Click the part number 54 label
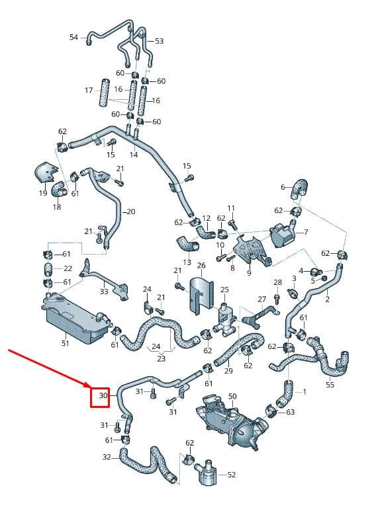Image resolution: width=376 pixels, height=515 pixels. click(x=73, y=37)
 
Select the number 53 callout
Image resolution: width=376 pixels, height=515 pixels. click(x=160, y=41)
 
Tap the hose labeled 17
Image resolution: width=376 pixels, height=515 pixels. click(x=104, y=93)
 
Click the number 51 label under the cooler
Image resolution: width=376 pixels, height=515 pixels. click(x=66, y=343)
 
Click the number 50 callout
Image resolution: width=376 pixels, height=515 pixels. click(x=232, y=397)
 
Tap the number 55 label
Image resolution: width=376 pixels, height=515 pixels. click(x=330, y=384)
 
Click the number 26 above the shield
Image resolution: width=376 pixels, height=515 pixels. click(x=201, y=265)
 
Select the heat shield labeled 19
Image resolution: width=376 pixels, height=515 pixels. click(x=46, y=173)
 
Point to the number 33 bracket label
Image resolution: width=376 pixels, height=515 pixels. click(x=104, y=292)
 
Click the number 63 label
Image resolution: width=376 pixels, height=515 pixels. click(x=290, y=412)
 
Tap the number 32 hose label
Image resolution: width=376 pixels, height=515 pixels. click(x=107, y=457)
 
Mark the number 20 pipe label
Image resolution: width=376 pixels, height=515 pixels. click(x=131, y=212)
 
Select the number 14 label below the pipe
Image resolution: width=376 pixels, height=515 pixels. click(x=133, y=155)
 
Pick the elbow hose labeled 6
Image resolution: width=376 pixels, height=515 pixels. click(x=299, y=188)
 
